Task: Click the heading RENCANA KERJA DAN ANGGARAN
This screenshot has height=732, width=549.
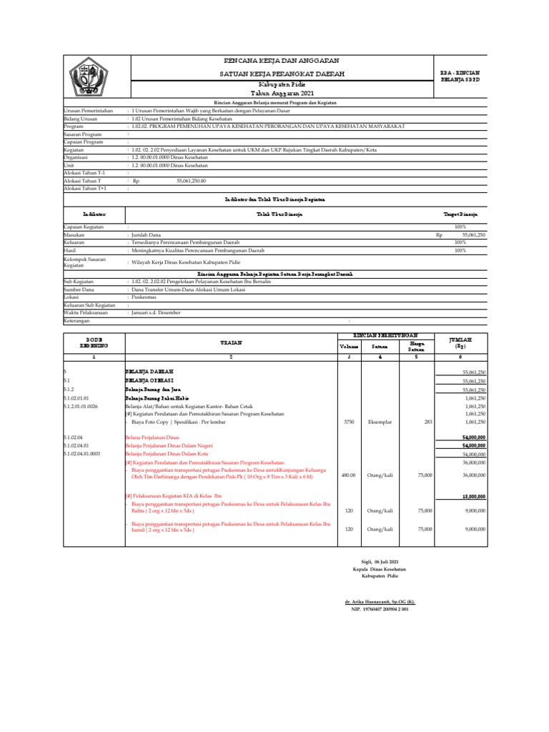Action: pyautogui.click(x=282, y=61)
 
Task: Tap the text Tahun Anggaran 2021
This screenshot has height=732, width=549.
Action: pyautogui.click(x=282, y=94)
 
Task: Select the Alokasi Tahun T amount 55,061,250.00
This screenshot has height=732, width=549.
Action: pyautogui.click(x=190, y=182)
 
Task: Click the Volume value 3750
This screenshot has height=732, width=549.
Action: pyautogui.click(x=349, y=422)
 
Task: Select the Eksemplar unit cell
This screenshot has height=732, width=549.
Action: pyautogui.click(x=380, y=422)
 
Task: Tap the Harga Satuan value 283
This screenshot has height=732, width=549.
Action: pyautogui.click(x=428, y=422)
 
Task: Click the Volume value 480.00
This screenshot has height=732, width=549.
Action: pyautogui.click(x=347, y=474)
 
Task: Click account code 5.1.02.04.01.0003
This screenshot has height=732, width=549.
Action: pyautogui.click(x=82, y=454)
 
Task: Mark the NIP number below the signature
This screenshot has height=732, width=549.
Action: pyautogui.click(x=378, y=609)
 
